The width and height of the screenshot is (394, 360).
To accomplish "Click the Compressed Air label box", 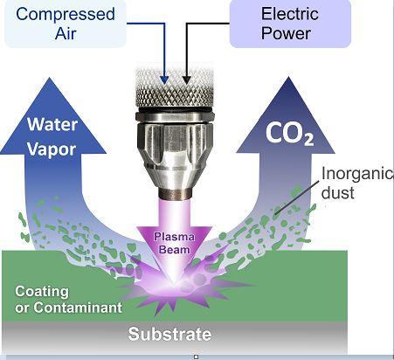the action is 66,24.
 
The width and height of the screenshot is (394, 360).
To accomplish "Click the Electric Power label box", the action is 290,24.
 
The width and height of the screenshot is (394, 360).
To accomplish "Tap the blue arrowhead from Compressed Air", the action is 164,80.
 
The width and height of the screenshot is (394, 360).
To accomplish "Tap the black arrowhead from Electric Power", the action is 186,80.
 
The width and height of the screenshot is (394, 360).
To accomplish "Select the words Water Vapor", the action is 52,137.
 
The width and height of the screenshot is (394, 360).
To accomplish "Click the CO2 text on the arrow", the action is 290,134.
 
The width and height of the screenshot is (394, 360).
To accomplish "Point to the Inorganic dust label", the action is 357,183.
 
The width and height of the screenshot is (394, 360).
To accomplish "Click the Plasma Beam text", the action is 174,243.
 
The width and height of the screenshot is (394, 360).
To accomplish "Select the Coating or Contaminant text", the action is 68,299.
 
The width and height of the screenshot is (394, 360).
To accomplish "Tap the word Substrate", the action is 169,334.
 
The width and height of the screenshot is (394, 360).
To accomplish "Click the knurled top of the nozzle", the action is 175,87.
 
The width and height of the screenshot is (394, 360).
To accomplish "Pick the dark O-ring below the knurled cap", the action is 175,110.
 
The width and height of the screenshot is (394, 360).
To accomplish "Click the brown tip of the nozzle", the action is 175,193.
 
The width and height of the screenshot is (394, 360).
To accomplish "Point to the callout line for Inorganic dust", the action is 297,197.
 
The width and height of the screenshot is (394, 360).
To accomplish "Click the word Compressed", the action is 66,14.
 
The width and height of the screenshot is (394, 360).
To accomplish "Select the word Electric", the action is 290,13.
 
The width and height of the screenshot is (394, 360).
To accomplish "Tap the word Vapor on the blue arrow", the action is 52,149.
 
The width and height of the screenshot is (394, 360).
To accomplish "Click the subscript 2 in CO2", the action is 308,141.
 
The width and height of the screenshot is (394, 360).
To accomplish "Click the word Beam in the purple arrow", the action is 175,250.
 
